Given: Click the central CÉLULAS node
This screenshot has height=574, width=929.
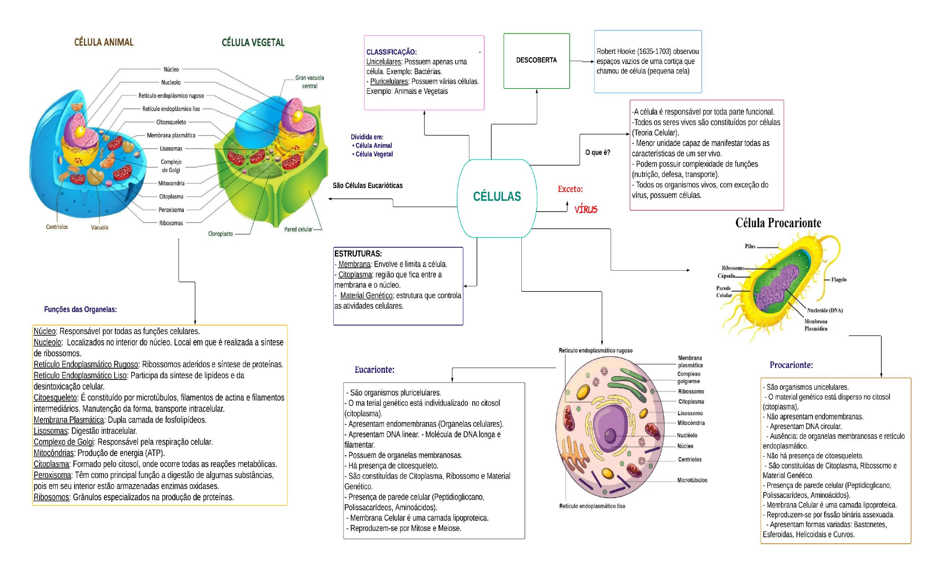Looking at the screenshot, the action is click(x=497, y=198).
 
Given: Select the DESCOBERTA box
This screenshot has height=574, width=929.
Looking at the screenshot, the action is click(x=537, y=61).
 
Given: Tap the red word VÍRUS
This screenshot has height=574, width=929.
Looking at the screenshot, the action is click(x=586, y=210).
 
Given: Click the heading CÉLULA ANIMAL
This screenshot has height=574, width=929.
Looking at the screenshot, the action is click(x=104, y=42).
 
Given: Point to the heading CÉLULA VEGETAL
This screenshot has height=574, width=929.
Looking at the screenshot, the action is click(x=253, y=42).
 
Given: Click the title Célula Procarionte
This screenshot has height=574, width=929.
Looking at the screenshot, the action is click(x=778, y=223).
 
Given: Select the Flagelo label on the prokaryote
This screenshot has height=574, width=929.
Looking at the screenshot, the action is click(x=839, y=280).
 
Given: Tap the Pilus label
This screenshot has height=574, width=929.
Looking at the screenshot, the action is click(x=750, y=246).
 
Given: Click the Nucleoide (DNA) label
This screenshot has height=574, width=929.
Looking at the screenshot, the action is click(x=825, y=310).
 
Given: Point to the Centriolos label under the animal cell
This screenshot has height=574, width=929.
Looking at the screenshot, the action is click(x=57, y=227).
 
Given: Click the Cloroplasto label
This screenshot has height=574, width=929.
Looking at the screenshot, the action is click(x=220, y=234).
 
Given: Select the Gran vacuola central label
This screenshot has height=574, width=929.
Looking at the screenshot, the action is click(x=309, y=82).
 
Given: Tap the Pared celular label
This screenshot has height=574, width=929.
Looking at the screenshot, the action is click(x=298, y=229).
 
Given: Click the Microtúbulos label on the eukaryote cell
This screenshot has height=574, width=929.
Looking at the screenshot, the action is click(x=692, y=480).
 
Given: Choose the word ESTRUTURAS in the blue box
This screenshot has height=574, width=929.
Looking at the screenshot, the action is click(x=358, y=254).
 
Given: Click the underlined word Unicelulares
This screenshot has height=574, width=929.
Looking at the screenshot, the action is click(x=383, y=62).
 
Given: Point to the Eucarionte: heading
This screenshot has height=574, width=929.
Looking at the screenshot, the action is click(x=374, y=369).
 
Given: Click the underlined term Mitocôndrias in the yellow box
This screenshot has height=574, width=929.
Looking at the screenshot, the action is click(x=54, y=453).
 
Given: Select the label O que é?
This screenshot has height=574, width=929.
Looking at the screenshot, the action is click(x=597, y=153).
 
